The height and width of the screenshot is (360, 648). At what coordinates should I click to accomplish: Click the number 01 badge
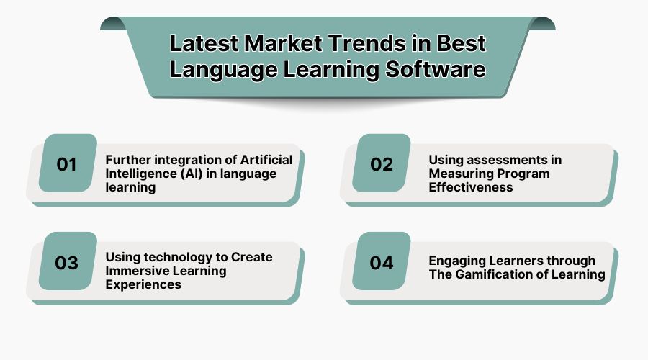click(x=67, y=164)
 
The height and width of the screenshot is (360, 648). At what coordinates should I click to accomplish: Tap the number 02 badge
click(x=382, y=164)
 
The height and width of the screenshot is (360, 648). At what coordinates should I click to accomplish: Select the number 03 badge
click(x=67, y=263)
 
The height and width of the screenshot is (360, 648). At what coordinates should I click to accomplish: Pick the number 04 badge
click(x=382, y=263)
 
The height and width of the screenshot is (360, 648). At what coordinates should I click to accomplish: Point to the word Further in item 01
click(x=128, y=159)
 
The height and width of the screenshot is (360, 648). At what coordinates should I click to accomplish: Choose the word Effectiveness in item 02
click(x=471, y=187)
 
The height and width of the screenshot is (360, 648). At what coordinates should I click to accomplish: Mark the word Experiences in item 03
click(x=143, y=284)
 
